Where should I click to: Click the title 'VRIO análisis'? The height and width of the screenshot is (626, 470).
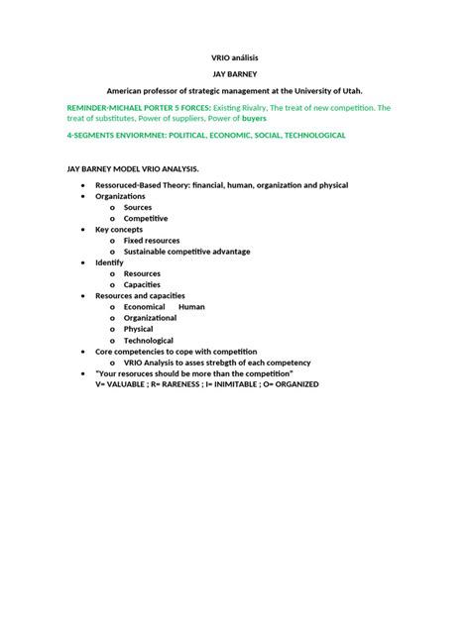[x=235, y=58]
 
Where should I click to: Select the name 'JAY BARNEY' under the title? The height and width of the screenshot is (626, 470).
[x=235, y=74]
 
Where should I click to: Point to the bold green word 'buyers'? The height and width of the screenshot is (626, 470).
[x=254, y=118]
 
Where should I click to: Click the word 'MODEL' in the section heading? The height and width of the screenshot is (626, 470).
[x=130, y=169]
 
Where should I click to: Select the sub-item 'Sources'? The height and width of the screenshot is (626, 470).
[x=138, y=207]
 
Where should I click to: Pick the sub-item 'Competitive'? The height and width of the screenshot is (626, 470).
[x=146, y=218]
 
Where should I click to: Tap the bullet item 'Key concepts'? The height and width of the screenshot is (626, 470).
[x=119, y=229]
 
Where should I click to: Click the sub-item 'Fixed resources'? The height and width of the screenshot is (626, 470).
[x=152, y=241]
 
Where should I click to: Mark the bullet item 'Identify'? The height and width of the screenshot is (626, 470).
[x=109, y=262]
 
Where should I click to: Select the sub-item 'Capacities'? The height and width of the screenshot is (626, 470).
[x=142, y=285]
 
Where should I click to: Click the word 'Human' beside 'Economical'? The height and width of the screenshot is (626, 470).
[x=191, y=307]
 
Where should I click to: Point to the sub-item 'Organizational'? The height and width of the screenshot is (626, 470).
[x=150, y=318]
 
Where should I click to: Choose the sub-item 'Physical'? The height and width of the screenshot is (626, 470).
[x=138, y=329]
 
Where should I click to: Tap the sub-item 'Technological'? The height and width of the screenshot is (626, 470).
[x=148, y=341]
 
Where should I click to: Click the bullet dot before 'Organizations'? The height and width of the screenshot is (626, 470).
[x=83, y=196]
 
